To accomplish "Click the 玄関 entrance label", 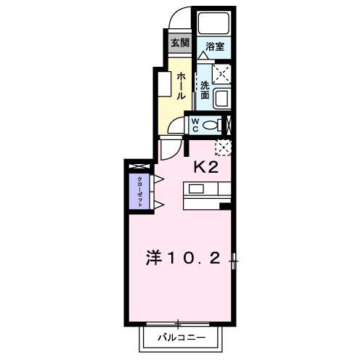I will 179,43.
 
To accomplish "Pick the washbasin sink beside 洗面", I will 223,96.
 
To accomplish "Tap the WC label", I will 195,125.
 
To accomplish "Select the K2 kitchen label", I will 205,166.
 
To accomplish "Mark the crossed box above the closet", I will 136,168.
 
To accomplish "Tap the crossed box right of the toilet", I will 227,125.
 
